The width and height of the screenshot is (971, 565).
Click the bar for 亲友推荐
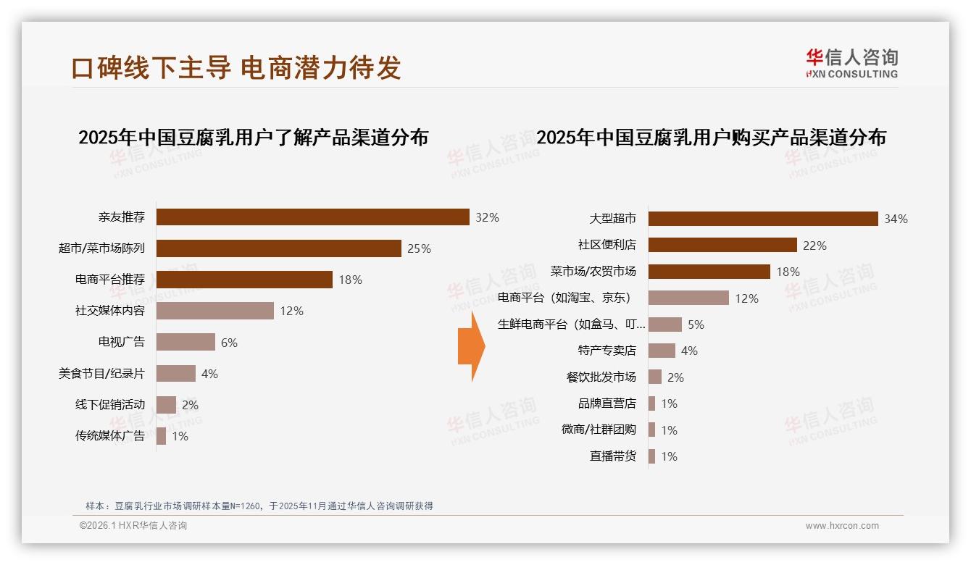(312, 217)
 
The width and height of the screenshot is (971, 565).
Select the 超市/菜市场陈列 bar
(278, 248)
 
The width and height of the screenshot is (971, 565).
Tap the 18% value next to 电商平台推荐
(350, 280)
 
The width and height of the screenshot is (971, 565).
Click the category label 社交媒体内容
(109, 311)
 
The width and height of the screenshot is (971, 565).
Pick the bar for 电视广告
(186, 342)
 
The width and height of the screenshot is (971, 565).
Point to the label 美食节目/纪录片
(101, 374)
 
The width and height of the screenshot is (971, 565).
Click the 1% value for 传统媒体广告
(180, 436)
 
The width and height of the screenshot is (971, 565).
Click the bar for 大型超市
(762, 219)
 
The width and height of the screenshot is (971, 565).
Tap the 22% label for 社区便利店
(814, 246)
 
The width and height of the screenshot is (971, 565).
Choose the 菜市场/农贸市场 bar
(709, 272)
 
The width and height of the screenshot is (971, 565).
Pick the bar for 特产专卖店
(661, 351)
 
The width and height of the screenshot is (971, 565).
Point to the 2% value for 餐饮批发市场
(675, 377)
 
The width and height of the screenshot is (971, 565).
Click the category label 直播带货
(612, 456)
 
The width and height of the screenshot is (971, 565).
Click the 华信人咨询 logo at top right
(851, 63)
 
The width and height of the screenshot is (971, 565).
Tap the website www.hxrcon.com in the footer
(841, 526)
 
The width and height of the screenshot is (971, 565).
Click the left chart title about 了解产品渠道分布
(253, 137)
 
